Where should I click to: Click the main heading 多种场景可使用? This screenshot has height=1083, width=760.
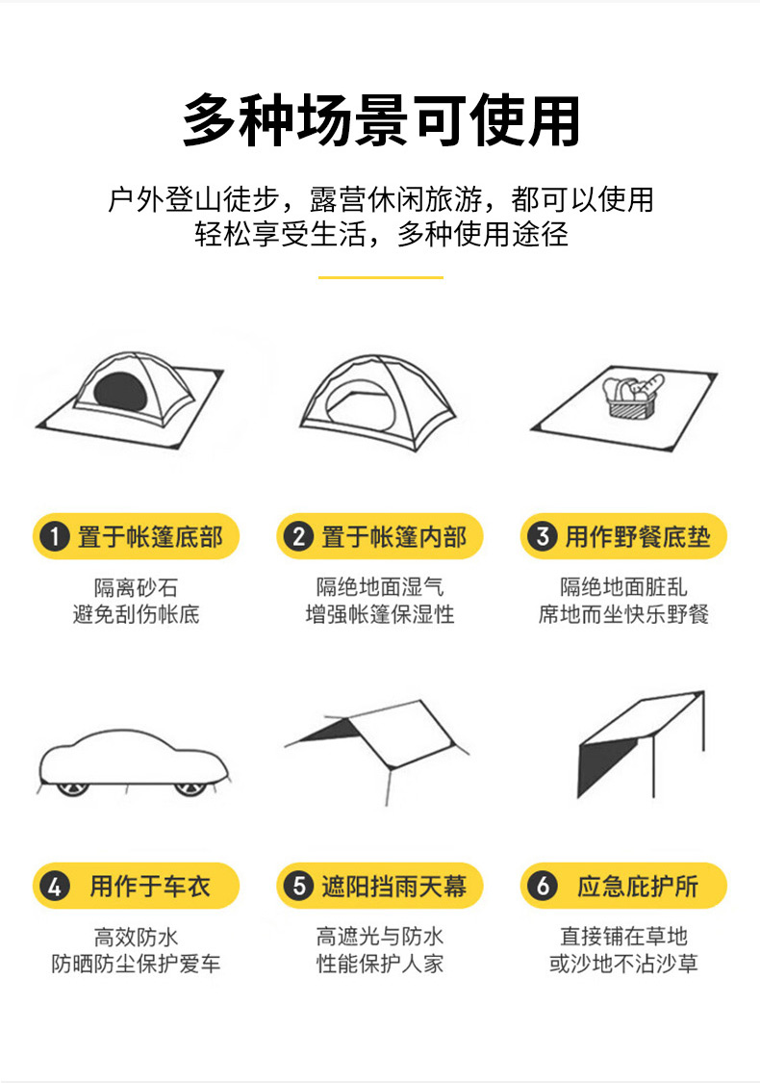[x=380, y=121]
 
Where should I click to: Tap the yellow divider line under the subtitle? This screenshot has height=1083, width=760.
[x=380, y=277]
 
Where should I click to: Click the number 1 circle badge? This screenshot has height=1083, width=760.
[x=55, y=536]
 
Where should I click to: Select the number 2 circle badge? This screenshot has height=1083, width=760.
[x=299, y=536]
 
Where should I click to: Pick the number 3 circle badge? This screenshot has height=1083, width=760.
[x=543, y=536]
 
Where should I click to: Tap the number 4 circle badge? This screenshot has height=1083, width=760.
[x=55, y=887]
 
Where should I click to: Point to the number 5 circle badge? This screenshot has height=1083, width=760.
[x=299, y=887]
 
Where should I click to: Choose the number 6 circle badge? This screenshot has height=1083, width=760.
[x=543, y=887]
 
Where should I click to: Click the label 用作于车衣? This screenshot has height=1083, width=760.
[x=150, y=887]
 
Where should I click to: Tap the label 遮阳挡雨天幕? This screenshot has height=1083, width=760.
[x=394, y=887]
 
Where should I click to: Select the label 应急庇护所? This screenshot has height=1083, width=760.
[x=638, y=887]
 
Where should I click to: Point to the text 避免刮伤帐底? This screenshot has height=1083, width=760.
[x=136, y=614]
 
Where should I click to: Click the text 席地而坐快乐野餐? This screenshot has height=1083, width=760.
[x=623, y=614]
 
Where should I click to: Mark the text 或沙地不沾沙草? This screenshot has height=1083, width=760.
[x=623, y=964]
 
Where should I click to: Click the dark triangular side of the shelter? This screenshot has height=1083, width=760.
[x=600, y=766]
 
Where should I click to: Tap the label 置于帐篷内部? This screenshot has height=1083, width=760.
[x=394, y=536]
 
